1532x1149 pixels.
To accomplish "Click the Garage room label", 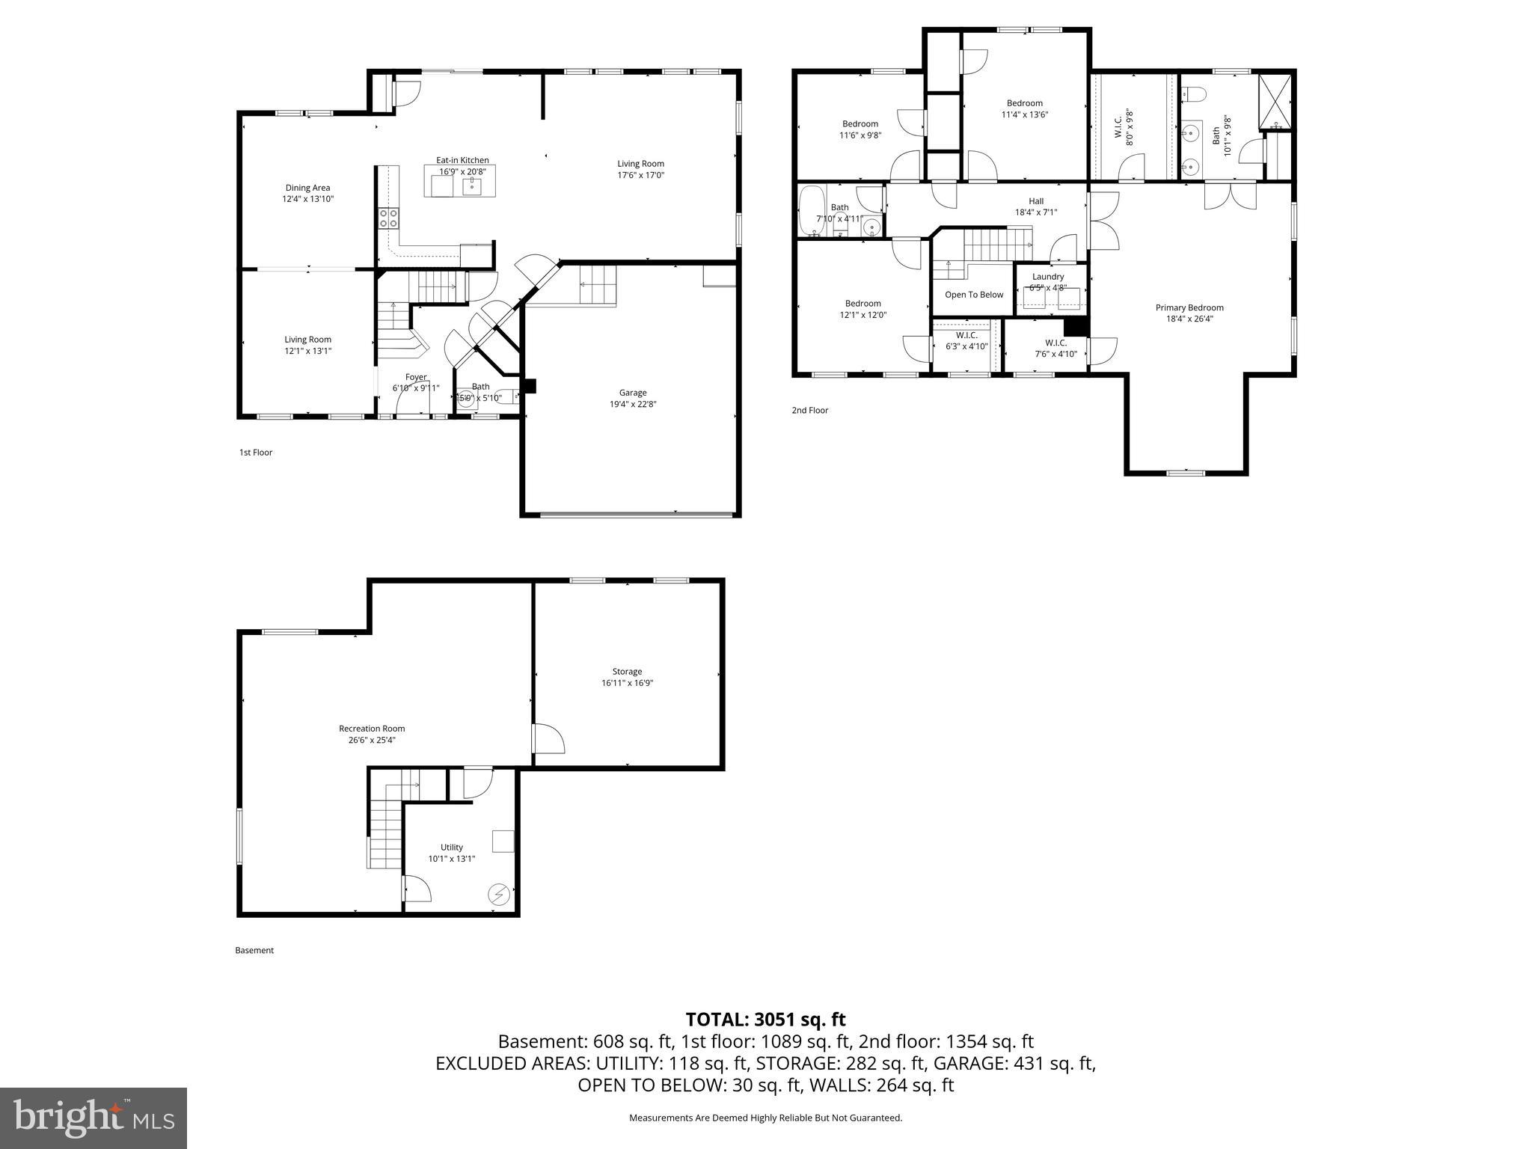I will (632, 393).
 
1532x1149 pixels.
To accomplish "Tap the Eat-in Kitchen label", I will (462, 160).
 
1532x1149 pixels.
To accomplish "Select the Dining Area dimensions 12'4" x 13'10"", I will (307, 200).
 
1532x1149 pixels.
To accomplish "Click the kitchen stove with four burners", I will (388, 218).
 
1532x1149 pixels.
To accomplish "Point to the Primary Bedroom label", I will (1189, 307).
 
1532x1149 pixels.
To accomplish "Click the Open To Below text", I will (973, 295).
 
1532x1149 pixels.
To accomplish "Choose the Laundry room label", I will (1047, 277).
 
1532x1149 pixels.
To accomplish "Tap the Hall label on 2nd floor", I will (1035, 201).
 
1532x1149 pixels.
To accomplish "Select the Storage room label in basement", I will (627, 672).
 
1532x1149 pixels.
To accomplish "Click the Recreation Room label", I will (372, 729).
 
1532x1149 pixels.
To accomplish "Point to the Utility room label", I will (451, 848).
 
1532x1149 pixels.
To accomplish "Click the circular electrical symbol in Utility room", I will (499, 894).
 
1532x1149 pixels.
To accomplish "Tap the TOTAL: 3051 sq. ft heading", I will (765, 1020).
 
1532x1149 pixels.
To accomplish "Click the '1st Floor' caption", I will (256, 453).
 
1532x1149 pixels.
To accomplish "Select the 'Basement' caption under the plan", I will (254, 951).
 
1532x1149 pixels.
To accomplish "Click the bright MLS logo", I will (94, 1118).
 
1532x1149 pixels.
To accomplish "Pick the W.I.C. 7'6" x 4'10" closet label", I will (1055, 343).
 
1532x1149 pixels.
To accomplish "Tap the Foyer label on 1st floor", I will (416, 377).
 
